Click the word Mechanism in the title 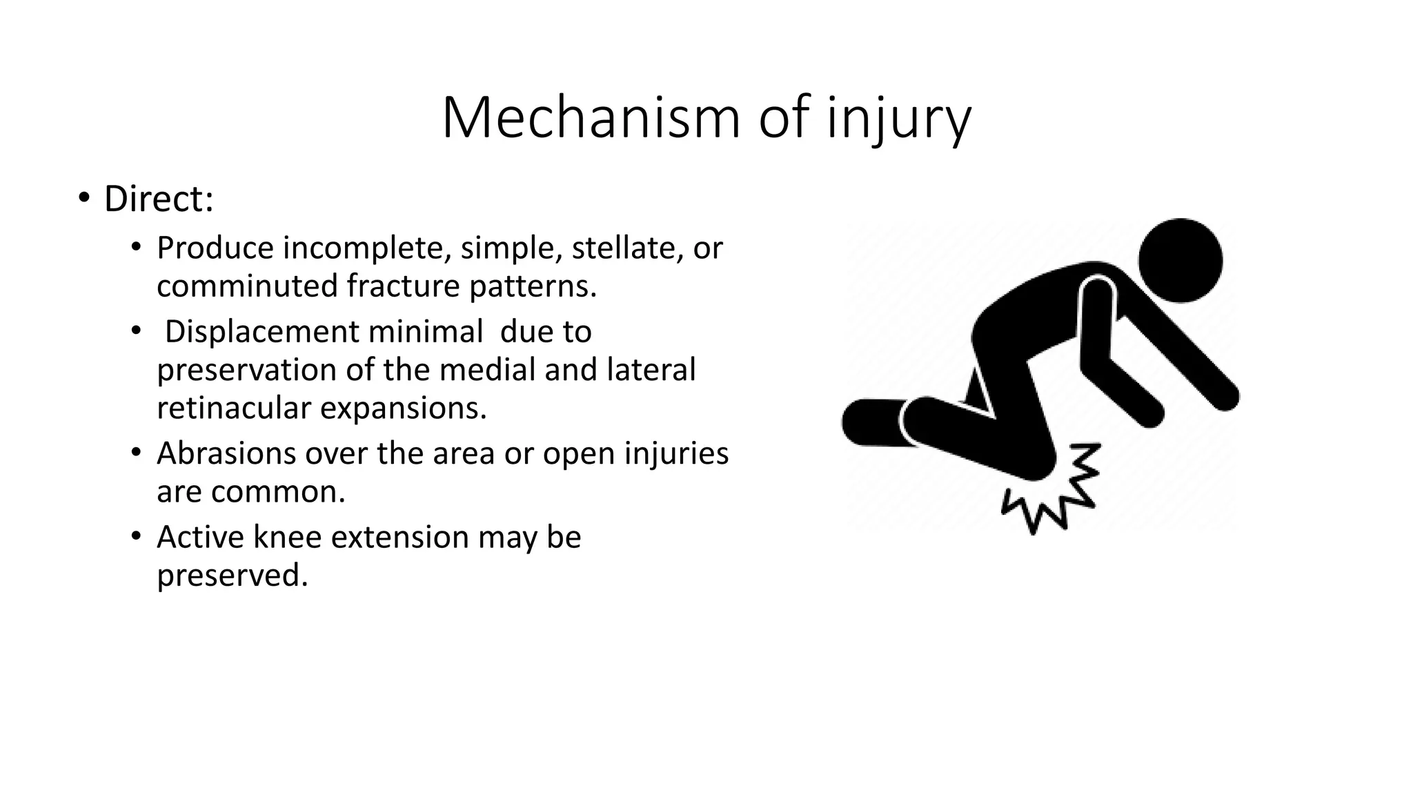pos(591,118)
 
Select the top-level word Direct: pos(159,199)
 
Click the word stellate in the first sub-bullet pos(626,248)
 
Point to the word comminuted pos(247,286)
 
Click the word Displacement pos(261,332)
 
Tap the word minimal pos(425,331)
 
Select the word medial pos(487,369)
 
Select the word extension pos(400,537)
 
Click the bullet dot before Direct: pos(83,199)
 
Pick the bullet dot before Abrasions pos(137,453)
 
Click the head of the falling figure pos(1180,261)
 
